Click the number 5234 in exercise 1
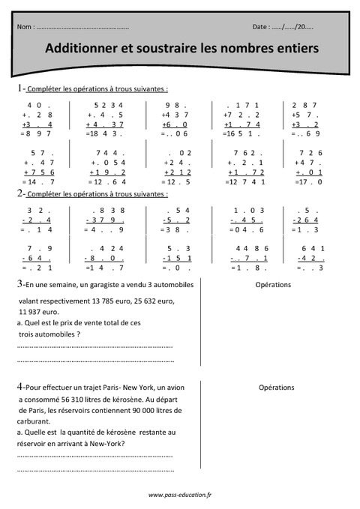[108, 105]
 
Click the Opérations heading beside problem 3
[273, 286]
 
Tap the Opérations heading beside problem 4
[276, 388]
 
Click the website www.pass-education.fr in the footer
[180, 495]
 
